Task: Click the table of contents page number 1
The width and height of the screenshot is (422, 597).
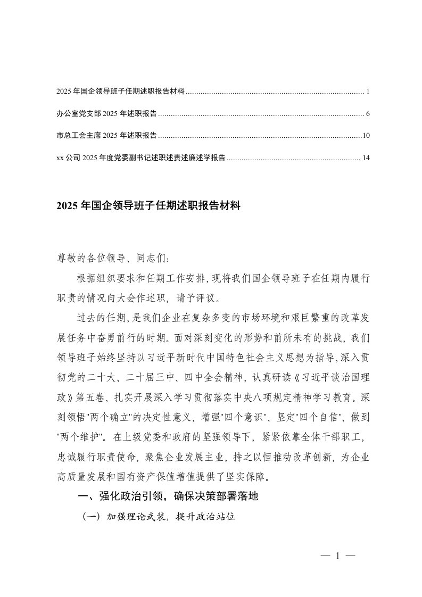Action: pos(368,92)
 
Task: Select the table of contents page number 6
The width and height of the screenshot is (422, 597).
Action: pos(368,114)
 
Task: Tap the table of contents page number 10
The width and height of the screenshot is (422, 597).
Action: pos(366,136)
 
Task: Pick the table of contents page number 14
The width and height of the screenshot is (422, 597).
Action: pos(365,157)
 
